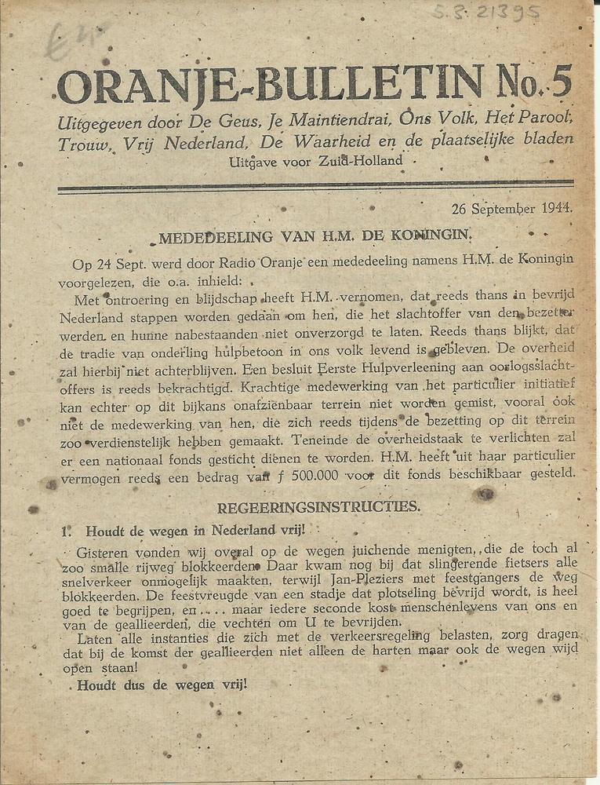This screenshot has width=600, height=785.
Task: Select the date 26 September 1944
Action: pyautogui.click(x=511, y=209)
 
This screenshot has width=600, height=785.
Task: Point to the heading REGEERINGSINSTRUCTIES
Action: pyautogui.click(x=318, y=507)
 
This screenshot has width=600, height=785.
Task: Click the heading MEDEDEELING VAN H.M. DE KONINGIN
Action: pyautogui.click(x=315, y=235)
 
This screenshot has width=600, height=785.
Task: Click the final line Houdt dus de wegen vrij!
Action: pyautogui.click(x=162, y=684)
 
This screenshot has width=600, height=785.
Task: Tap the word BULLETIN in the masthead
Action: pyautogui.click(x=349, y=83)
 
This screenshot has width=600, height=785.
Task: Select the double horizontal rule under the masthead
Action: pyautogui.click(x=315, y=187)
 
